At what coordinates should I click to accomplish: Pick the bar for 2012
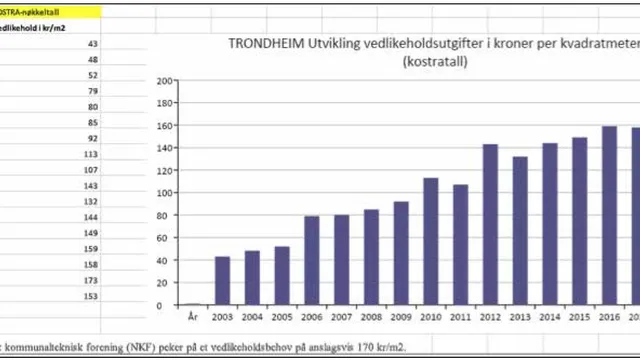tap(490, 224)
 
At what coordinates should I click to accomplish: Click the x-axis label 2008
tap(371, 316)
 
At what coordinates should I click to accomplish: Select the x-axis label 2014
tap(549, 316)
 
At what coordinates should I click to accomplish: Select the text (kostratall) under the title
tap(437, 62)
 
